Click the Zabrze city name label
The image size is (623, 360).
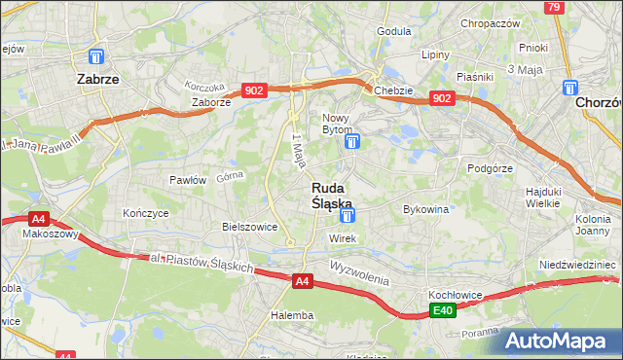(98, 81)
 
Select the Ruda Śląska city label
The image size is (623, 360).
(332, 195)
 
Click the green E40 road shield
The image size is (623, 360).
(443, 310)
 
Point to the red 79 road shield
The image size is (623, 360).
(553, 8)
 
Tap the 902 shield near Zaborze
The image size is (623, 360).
(254, 90)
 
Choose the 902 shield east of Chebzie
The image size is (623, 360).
(443, 98)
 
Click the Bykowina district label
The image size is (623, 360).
(425, 209)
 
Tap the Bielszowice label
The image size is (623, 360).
(250, 226)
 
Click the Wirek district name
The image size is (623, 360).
(343, 238)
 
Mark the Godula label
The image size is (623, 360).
(394, 31)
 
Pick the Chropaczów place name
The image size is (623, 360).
(491, 23)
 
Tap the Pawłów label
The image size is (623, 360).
(188, 179)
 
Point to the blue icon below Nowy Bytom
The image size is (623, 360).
(352, 142)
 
